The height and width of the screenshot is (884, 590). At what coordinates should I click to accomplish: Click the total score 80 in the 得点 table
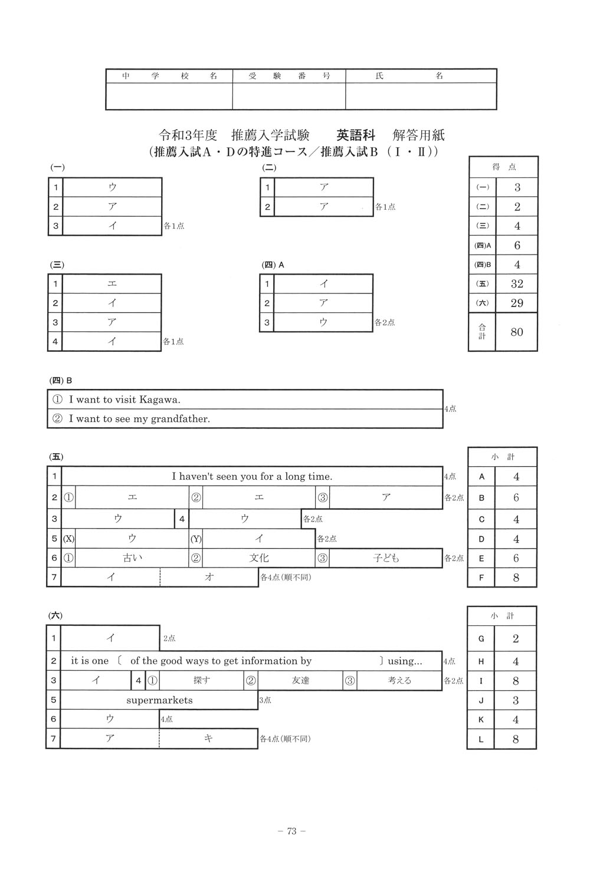tap(517, 332)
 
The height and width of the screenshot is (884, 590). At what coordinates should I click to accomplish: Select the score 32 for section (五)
tap(517, 283)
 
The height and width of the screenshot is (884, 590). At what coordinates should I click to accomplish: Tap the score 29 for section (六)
tap(517, 303)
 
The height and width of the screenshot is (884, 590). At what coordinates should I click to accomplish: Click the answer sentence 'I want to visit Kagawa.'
tap(124, 400)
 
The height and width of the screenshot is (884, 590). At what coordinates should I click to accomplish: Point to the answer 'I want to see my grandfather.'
tap(139, 419)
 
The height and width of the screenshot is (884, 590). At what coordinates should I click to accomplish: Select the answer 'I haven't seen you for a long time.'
tap(252, 476)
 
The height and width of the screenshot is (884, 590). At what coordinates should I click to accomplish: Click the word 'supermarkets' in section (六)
tap(159, 700)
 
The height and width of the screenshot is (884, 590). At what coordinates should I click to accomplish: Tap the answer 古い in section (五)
tap(132, 558)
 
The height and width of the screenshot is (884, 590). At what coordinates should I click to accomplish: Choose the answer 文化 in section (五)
tap(259, 558)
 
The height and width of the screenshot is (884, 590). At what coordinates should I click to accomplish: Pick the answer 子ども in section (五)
tap(386, 558)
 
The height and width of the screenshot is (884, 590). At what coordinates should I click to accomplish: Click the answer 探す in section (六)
tap(202, 681)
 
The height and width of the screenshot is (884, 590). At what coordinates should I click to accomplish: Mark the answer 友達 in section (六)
tap(300, 681)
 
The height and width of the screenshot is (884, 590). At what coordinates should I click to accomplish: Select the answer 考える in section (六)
tap(399, 681)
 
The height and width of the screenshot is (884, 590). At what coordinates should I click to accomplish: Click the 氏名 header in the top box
tap(409, 76)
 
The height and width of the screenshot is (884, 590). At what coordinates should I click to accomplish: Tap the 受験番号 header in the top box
tap(289, 76)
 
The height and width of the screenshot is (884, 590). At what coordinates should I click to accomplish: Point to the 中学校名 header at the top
tap(169, 76)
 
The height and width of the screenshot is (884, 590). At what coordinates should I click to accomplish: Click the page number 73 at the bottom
tap(291, 832)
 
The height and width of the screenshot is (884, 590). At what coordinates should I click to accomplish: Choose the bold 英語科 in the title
tap(355, 135)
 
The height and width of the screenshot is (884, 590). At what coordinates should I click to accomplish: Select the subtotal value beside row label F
tap(516, 578)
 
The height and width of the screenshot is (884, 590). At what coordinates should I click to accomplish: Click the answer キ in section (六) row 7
tap(208, 738)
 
